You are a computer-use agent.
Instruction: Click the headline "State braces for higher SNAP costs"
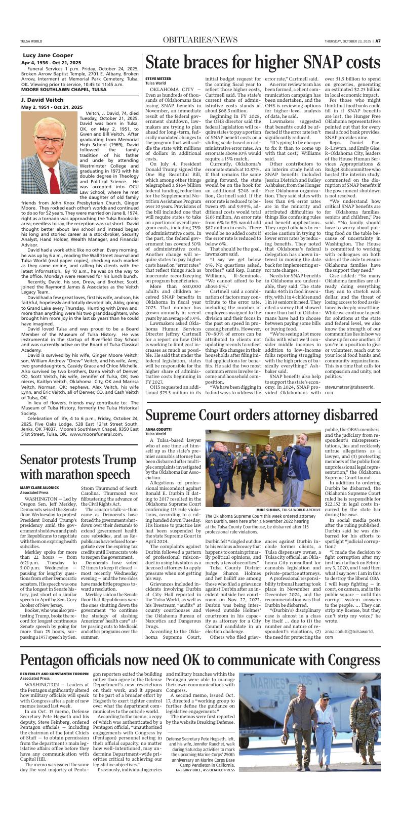coord(262,62)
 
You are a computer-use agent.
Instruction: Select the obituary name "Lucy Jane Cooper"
coord(48,55)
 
